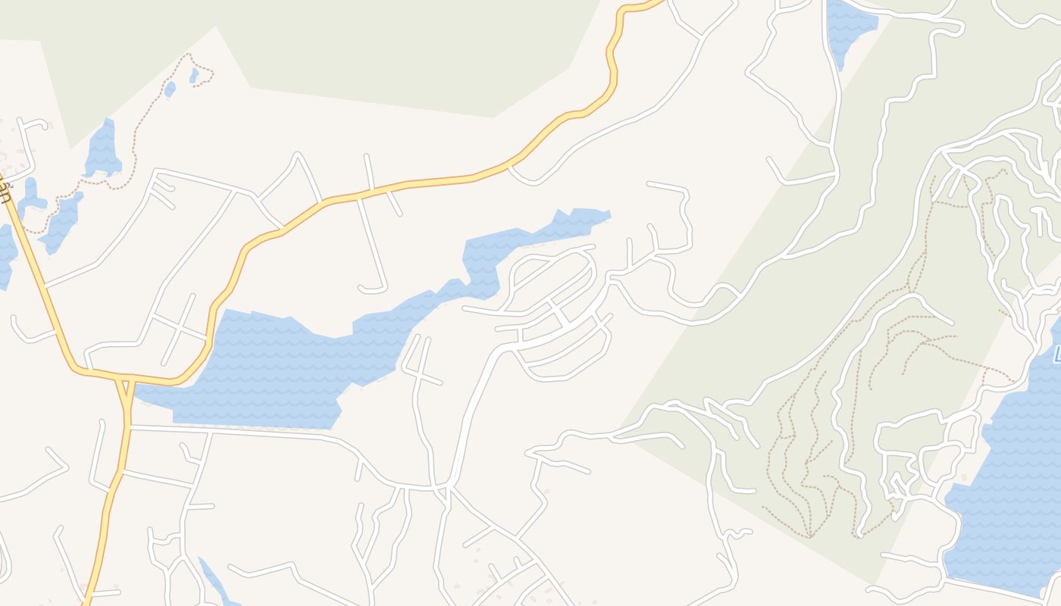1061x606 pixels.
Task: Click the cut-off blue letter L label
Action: coord(1056,353)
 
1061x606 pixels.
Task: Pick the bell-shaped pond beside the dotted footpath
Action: coord(102,151)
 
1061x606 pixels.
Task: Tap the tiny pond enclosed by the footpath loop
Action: coord(194,75)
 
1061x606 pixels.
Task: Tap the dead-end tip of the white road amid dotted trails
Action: coord(859,535)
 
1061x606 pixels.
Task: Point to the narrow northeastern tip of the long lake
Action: coord(606,215)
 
